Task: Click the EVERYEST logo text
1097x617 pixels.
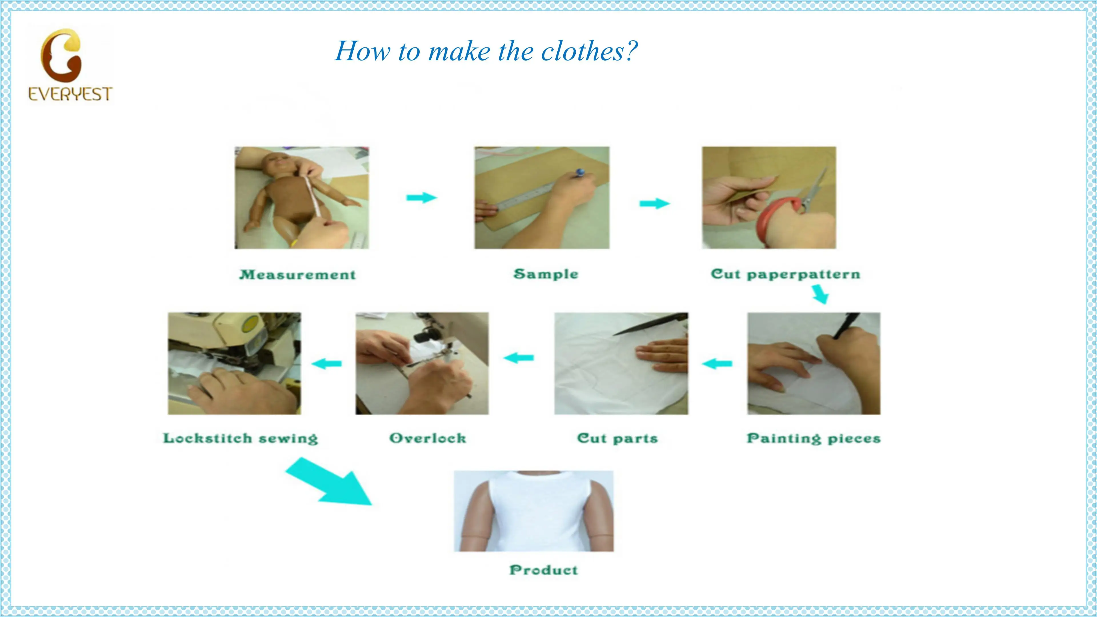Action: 70,94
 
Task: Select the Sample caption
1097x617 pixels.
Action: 546,274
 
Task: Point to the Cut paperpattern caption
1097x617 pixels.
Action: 786,274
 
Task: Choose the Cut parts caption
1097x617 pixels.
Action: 617,438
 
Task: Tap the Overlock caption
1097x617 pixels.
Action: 428,438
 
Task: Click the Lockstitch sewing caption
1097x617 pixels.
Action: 241,438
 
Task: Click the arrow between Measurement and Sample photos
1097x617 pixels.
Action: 422,198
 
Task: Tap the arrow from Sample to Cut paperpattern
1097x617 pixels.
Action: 654,204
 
